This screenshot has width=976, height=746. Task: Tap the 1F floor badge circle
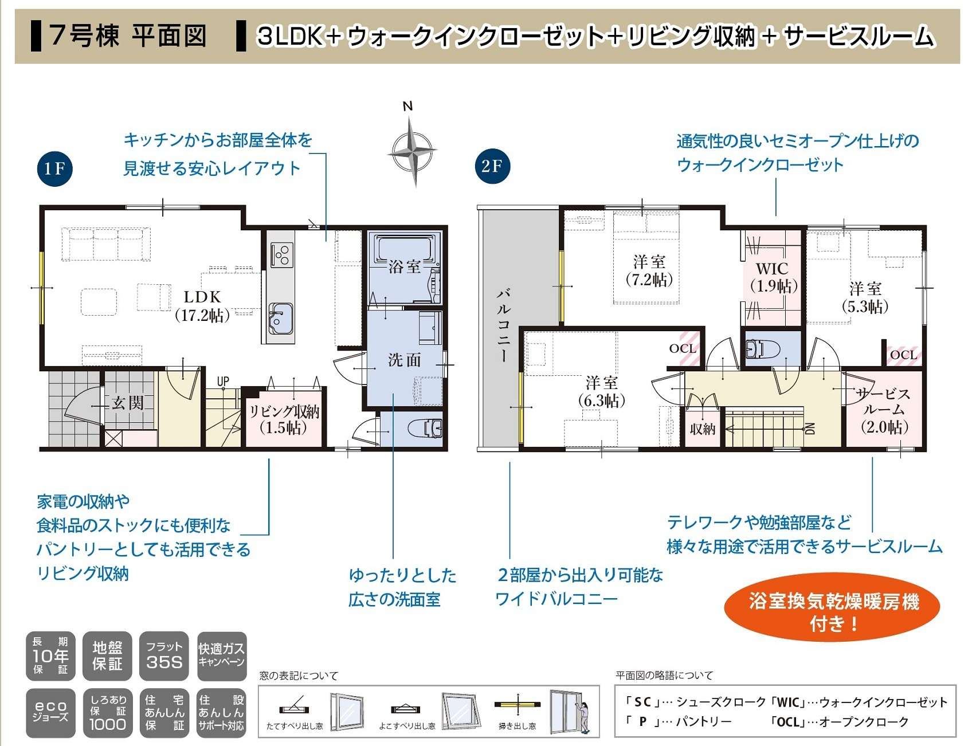pos(54,168)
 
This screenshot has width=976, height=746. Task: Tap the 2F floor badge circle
pos(492,166)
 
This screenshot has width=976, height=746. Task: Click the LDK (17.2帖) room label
pos(202,305)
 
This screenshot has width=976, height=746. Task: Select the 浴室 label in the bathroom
pos(405,266)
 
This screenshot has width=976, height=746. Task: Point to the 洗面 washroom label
pos(405,360)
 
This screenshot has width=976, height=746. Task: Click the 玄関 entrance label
pos(127,403)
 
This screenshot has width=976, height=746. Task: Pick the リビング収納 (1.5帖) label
pos(284,419)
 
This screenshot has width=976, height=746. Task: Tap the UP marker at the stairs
pos(223,382)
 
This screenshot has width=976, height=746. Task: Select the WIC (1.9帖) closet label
pos(773,277)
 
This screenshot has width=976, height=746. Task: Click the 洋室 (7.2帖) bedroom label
pos(649,270)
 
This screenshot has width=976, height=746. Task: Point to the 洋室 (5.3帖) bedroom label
pos(865,297)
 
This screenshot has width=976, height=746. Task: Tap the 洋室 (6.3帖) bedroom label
pos(601,391)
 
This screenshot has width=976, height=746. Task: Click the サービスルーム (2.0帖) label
pos(884,410)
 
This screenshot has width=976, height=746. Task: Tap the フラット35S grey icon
pos(164,656)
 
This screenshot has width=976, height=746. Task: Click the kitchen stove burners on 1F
pos(281,254)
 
